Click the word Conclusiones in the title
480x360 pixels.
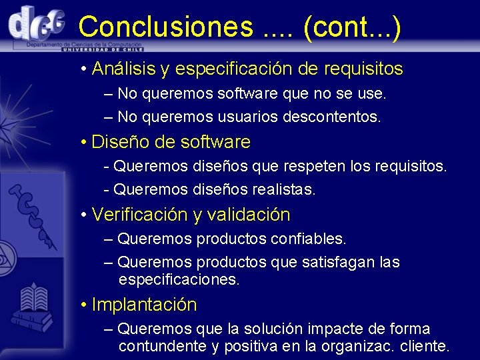coord(165,27)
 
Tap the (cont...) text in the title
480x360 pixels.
coord(352,27)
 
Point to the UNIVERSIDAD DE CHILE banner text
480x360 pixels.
coord(103,49)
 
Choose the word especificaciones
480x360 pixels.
coord(179,280)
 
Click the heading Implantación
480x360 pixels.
coord(144,305)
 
